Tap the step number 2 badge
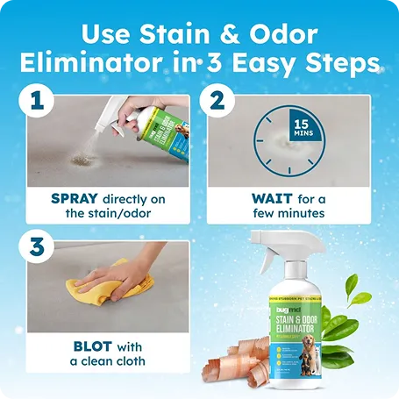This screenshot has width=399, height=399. pyautogui.click(x=215, y=102)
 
